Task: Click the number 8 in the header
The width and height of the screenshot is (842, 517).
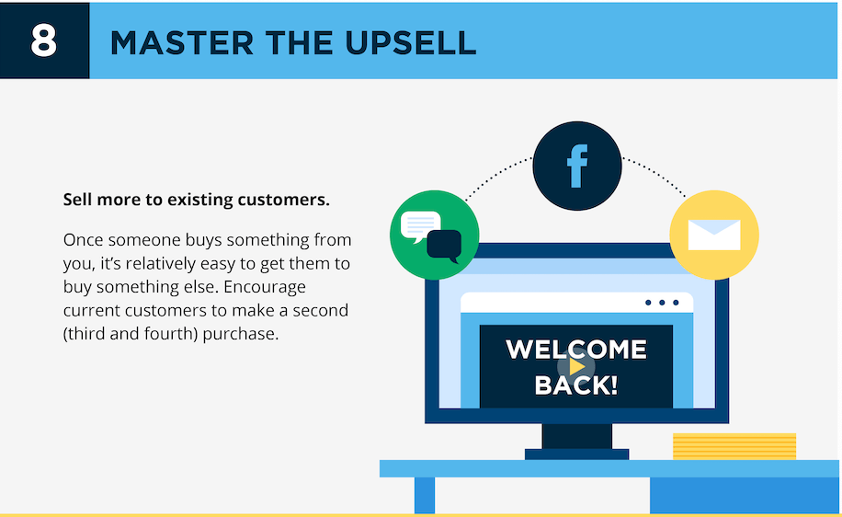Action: point(44,41)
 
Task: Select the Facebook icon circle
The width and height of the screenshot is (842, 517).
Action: point(577,166)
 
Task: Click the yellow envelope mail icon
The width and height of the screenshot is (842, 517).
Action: point(713,236)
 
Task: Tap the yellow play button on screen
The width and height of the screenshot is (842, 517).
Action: point(576,366)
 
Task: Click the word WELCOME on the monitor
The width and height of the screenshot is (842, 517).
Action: point(576,350)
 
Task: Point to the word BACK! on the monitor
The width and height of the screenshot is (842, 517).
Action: point(576,385)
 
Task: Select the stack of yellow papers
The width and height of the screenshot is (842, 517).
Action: point(734,446)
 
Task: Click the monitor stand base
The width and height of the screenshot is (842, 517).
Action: point(576,454)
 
